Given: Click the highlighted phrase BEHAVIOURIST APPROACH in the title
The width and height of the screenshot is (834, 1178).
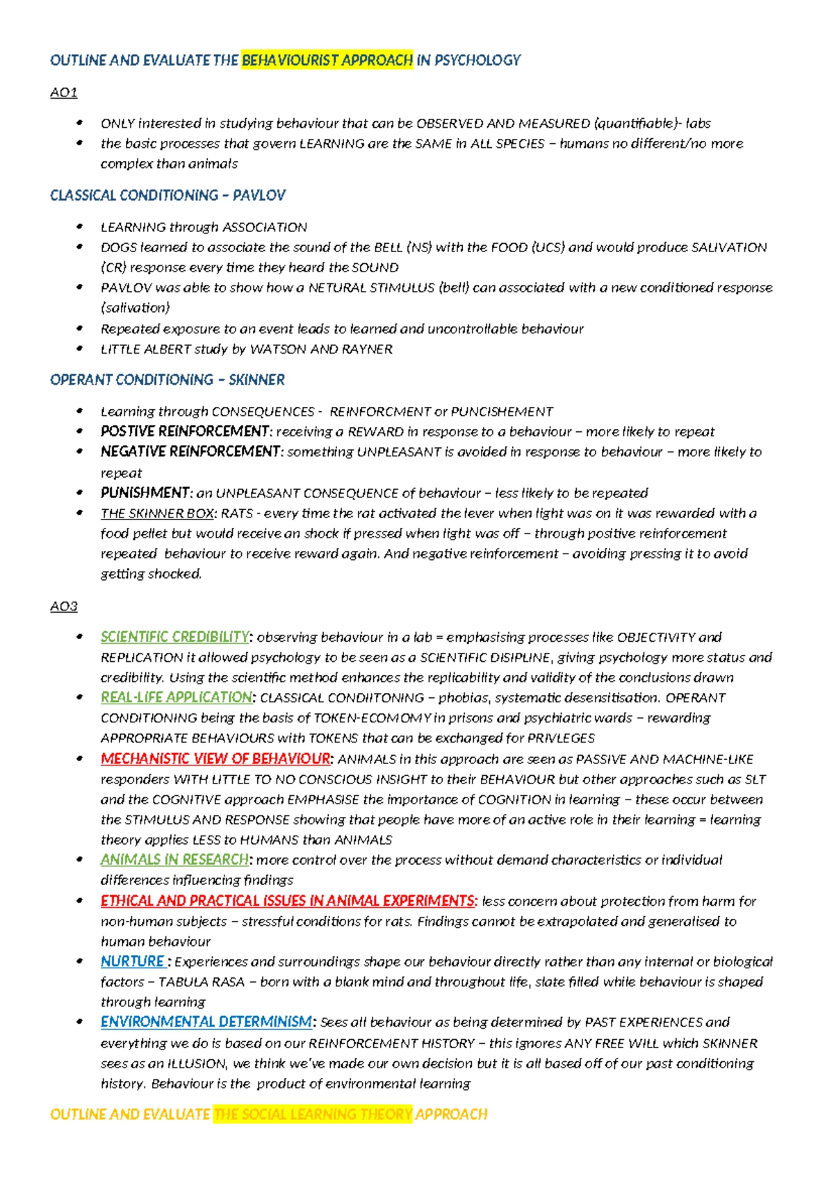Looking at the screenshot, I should click(x=327, y=60).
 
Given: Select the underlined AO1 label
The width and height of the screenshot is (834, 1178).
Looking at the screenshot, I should click(x=63, y=92).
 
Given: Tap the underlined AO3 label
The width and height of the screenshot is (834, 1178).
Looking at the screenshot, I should click(x=63, y=606).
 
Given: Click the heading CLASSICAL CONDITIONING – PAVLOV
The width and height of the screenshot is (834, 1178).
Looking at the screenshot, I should click(x=167, y=195).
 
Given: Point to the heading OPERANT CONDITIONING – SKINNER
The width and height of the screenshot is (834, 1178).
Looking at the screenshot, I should click(x=167, y=380).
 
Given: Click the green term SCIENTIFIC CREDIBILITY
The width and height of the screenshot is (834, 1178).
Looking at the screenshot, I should click(x=174, y=637).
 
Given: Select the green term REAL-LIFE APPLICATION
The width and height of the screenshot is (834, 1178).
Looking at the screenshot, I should click(x=176, y=697).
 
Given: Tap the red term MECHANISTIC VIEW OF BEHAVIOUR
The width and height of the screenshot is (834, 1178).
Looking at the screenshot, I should click(x=215, y=758).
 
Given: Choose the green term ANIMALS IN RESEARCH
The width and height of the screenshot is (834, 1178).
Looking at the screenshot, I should click(x=174, y=860).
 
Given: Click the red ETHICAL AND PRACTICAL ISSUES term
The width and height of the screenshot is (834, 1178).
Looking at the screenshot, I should click(x=288, y=901).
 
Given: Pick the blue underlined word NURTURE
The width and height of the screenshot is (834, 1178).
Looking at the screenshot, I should click(x=132, y=962).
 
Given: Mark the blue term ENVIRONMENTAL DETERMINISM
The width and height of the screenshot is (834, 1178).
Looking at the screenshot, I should click(x=206, y=1022).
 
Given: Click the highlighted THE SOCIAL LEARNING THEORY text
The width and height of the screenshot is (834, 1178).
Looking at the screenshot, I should click(x=313, y=1114).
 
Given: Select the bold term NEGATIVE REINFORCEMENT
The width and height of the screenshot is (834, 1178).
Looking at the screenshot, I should click(x=190, y=451).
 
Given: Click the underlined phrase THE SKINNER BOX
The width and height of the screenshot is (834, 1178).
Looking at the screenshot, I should click(x=157, y=513).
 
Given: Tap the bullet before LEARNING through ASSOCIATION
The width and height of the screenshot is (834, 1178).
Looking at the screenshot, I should click(x=81, y=226).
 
